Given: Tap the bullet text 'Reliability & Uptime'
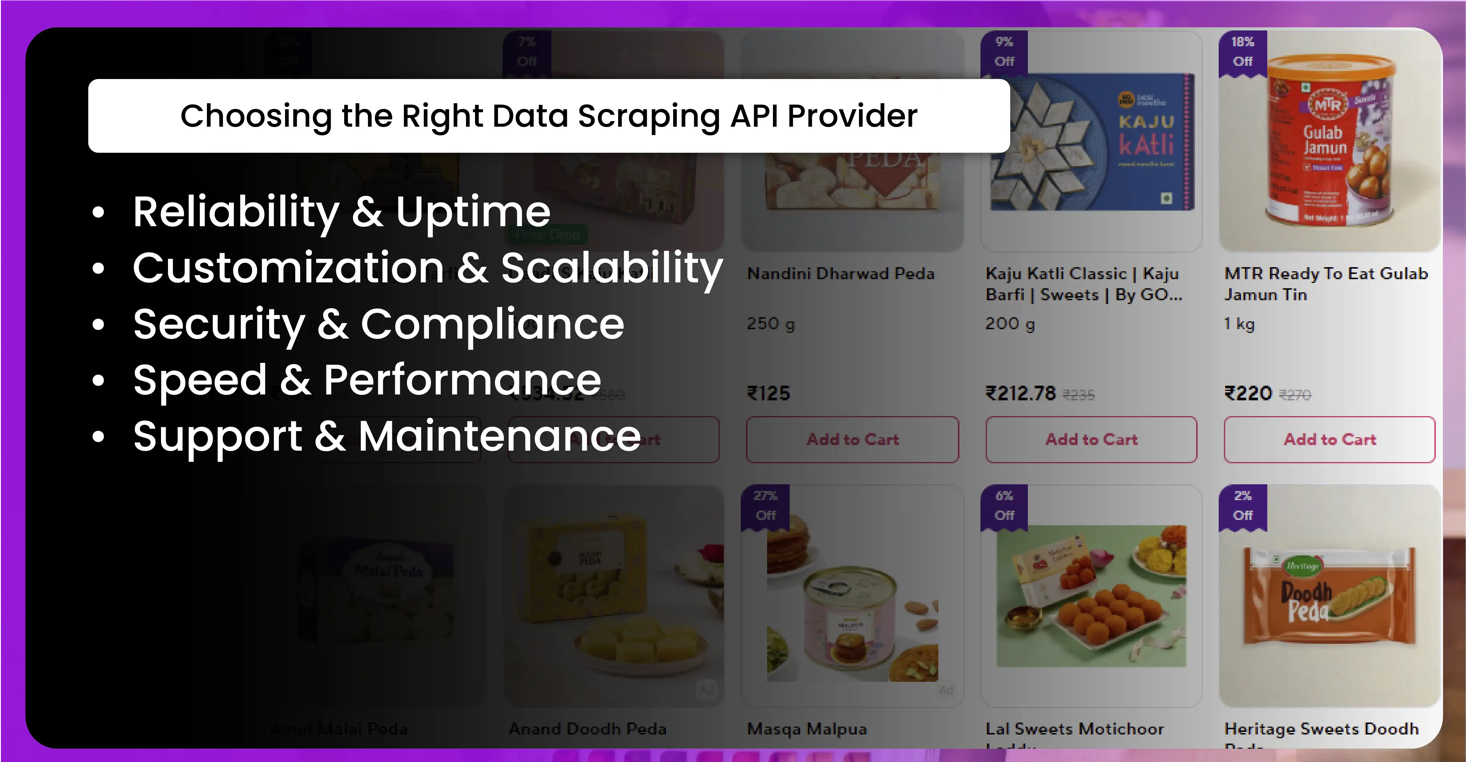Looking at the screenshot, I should point(342,212).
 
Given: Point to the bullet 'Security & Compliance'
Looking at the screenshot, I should point(378,324).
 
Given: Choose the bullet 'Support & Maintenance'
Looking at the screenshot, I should point(387,436).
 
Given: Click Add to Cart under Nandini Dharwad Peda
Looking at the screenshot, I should point(853,439).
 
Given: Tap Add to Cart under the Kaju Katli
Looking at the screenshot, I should point(1091,439).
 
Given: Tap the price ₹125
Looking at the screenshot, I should point(768,393).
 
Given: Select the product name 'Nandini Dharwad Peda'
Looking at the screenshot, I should point(841,274).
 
